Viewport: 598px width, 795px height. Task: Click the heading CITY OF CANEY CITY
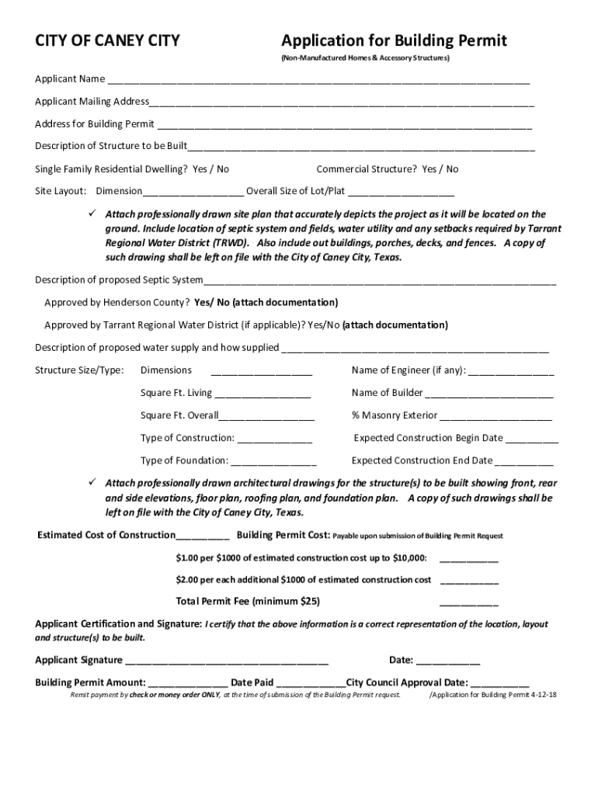pyautogui.click(x=107, y=41)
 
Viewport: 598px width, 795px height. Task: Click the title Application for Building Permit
pyautogui.click(x=394, y=40)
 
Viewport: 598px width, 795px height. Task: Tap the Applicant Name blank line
pyautogui.click(x=318, y=81)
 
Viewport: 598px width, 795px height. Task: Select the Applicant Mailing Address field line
pyautogui.click(x=342, y=103)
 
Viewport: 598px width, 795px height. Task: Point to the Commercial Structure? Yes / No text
pyautogui.click(x=387, y=169)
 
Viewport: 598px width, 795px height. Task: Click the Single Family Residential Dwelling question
pyautogui.click(x=132, y=169)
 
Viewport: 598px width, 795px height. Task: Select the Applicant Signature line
pyautogui.click(x=226, y=662)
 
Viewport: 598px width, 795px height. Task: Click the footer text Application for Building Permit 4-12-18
pyautogui.click(x=494, y=695)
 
